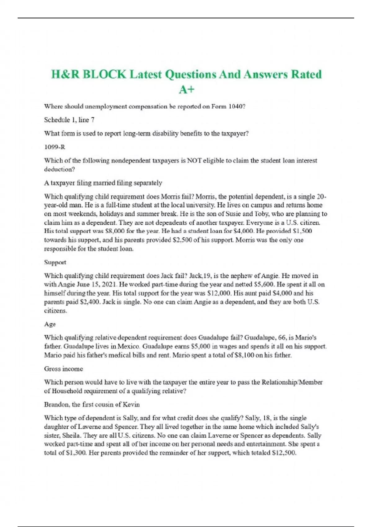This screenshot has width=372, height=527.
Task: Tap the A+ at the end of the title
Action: tap(187, 90)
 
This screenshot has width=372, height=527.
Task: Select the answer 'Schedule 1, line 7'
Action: tap(69, 120)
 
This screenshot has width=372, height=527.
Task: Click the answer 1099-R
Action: tap(55, 147)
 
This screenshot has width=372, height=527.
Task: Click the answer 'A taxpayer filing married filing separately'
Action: tap(103, 183)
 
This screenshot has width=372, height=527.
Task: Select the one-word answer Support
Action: tap(55, 262)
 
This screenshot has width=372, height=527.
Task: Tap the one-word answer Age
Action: tap(50, 324)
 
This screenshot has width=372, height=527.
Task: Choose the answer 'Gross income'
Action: tap(64, 369)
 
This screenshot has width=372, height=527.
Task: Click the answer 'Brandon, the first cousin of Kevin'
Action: tap(92, 405)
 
